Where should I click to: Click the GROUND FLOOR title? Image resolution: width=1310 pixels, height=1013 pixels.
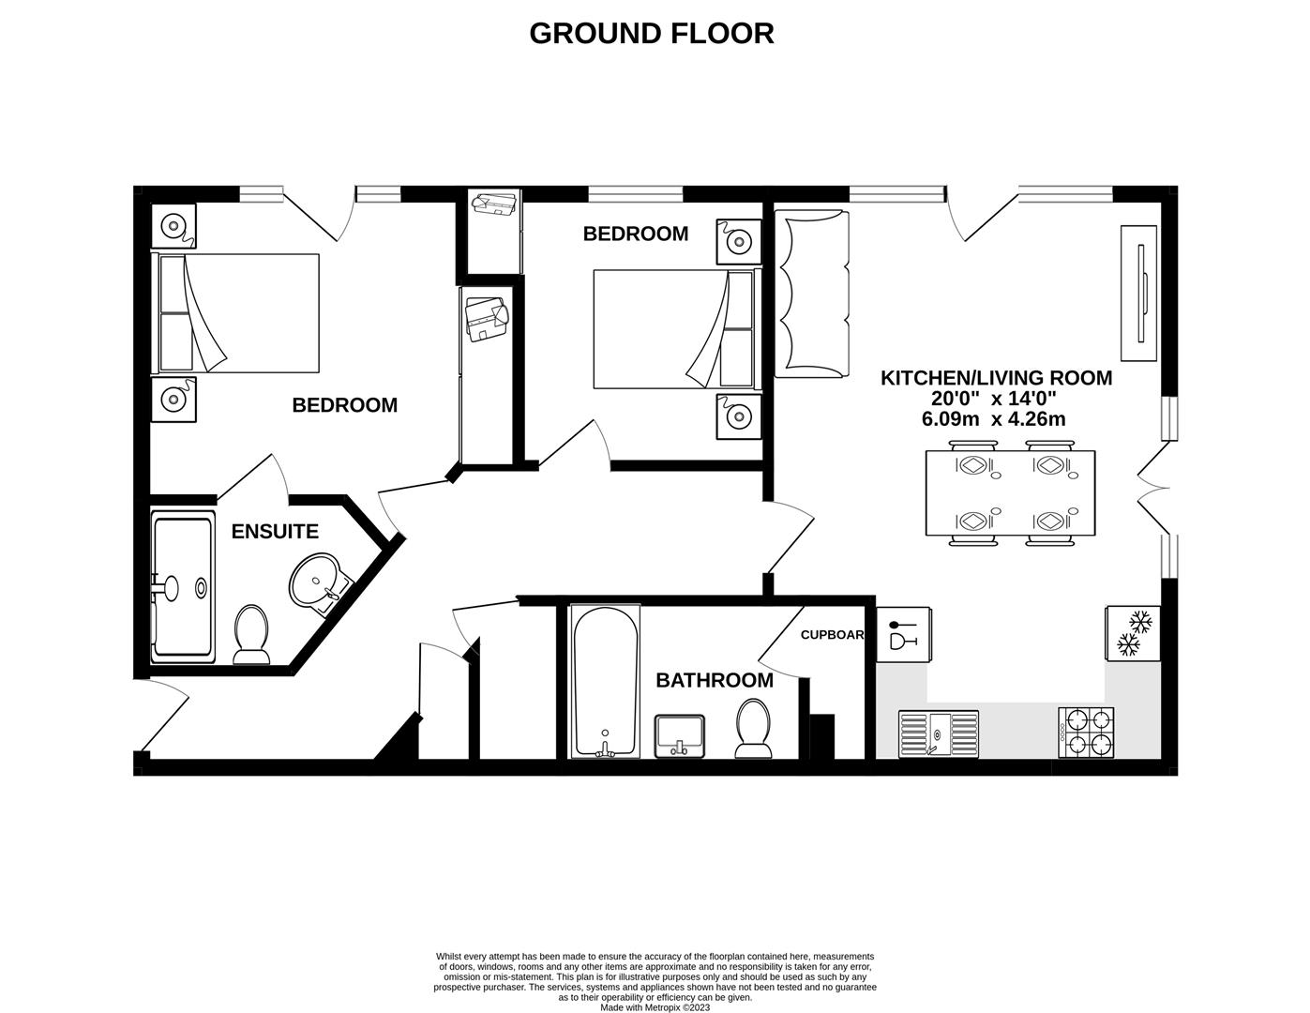[651, 33]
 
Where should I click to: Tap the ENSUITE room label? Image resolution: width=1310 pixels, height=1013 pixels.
[275, 532]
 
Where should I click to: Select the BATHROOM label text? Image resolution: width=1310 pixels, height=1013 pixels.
[714, 680]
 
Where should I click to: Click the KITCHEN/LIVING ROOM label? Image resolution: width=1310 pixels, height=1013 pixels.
[996, 378]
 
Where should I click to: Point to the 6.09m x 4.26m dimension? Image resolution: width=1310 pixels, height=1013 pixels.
[993, 419]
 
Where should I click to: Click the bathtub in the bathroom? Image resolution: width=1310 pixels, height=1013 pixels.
[606, 681]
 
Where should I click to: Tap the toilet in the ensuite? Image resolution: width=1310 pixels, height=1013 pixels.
[250, 634]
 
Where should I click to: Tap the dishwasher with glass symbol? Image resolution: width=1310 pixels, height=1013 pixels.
[903, 633]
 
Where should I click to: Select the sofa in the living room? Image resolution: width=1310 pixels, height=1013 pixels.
[811, 293]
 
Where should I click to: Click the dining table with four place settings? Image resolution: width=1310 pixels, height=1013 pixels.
[1010, 493]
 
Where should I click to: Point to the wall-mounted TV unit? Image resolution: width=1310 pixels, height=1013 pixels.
[1140, 294]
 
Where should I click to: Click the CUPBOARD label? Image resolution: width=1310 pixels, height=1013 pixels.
[832, 635]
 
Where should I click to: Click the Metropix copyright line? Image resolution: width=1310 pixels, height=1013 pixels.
[655, 1008]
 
